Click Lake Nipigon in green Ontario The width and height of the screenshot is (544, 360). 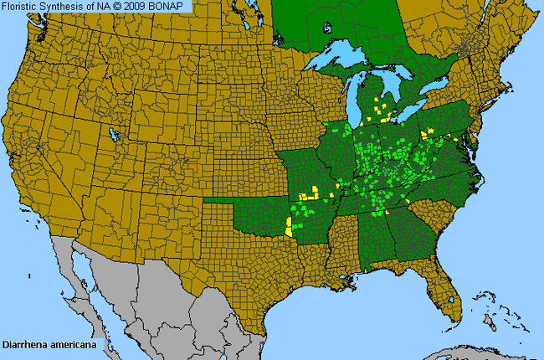(x=327, y=27)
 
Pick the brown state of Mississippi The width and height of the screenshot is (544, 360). (x=339, y=243)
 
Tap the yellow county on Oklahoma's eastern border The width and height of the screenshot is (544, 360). (x=289, y=227)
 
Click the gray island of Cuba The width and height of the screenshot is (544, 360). (x=469, y=352)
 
